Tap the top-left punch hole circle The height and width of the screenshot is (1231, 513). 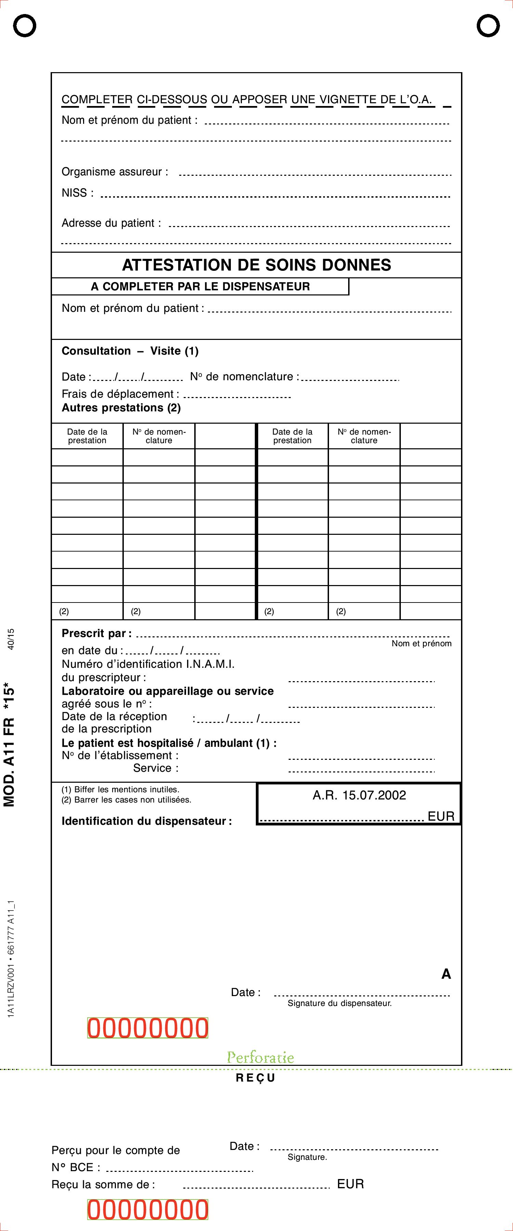(x=24, y=25)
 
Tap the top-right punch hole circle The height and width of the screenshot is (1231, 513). (x=488, y=25)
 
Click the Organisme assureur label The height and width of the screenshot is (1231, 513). (x=115, y=172)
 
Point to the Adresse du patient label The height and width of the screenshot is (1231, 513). (x=111, y=223)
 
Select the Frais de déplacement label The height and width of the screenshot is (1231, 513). (x=120, y=394)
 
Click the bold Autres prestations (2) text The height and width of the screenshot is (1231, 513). (x=121, y=408)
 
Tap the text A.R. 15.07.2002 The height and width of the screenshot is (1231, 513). (x=359, y=795)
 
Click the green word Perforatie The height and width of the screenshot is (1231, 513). (x=260, y=1057)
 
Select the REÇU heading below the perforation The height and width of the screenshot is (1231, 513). (x=256, y=1078)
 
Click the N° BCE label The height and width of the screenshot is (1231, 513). (x=76, y=1167)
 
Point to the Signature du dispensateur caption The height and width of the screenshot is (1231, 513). (x=340, y=1003)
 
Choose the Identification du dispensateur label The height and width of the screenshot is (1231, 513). (x=146, y=821)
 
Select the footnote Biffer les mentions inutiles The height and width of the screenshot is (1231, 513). (x=120, y=790)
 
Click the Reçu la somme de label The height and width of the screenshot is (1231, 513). (x=103, y=1184)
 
